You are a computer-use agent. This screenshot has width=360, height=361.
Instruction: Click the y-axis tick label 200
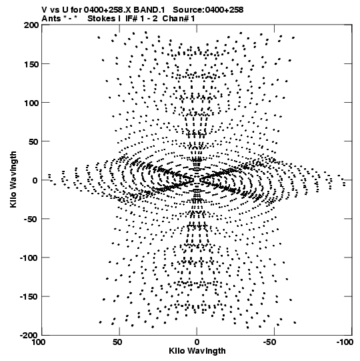pos(31,25)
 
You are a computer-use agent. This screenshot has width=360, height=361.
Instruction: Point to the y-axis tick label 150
pos(31,64)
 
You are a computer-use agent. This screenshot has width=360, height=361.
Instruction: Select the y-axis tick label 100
pos(31,103)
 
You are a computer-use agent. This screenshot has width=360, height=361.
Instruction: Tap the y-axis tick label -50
pos(31,219)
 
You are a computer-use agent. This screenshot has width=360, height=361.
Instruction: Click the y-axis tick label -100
pos(29,258)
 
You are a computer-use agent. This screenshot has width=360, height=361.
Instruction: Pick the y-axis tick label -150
pos(29,297)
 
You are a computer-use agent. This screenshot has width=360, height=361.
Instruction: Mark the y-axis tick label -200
pos(29,335)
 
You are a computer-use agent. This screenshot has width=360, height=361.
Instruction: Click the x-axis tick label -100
pos(345,342)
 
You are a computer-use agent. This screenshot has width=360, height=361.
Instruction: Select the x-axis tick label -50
pos(269,342)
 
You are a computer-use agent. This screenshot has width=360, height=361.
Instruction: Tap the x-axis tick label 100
pos(39,342)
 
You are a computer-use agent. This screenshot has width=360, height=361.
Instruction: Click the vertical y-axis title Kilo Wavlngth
pos(13,179)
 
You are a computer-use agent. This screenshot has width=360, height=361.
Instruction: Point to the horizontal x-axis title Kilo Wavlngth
pos(197,351)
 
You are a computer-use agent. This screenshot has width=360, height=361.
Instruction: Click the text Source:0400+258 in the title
pos(208,10)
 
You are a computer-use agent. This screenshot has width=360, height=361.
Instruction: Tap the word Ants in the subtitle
pos(51,19)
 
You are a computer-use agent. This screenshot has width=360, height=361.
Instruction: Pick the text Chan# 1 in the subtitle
pos(179,19)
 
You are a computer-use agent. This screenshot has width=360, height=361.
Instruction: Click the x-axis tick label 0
pos(197,342)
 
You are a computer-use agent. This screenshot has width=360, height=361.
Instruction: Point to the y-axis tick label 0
pos(35,180)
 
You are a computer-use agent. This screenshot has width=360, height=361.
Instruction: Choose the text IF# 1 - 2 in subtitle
pos(141,19)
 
